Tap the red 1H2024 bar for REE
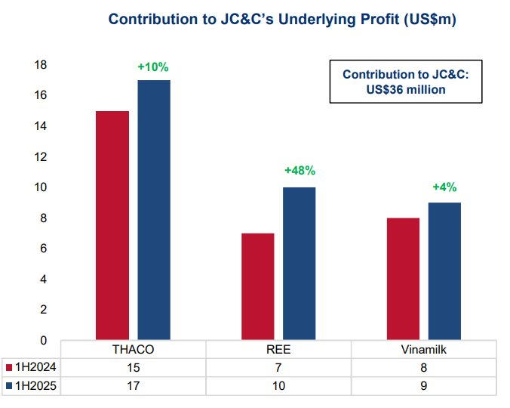[x=257, y=286]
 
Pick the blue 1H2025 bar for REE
[x=300, y=264]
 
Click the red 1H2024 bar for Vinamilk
[x=403, y=279]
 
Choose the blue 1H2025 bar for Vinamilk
[x=444, y=271]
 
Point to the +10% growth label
[x=153, y=67]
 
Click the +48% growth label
[x=299, y=172]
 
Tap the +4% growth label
[x=444, y=187]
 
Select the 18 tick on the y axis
[x=41, y=65]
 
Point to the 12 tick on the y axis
[x=41, y=156]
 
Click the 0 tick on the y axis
[x=44, y=340]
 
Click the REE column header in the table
[x=278, y=351]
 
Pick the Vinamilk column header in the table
[x=424, y=351]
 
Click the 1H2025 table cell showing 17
[x=133, y=385]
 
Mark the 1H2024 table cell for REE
[x=278, y=367]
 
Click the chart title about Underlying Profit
[x=282, y=20]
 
